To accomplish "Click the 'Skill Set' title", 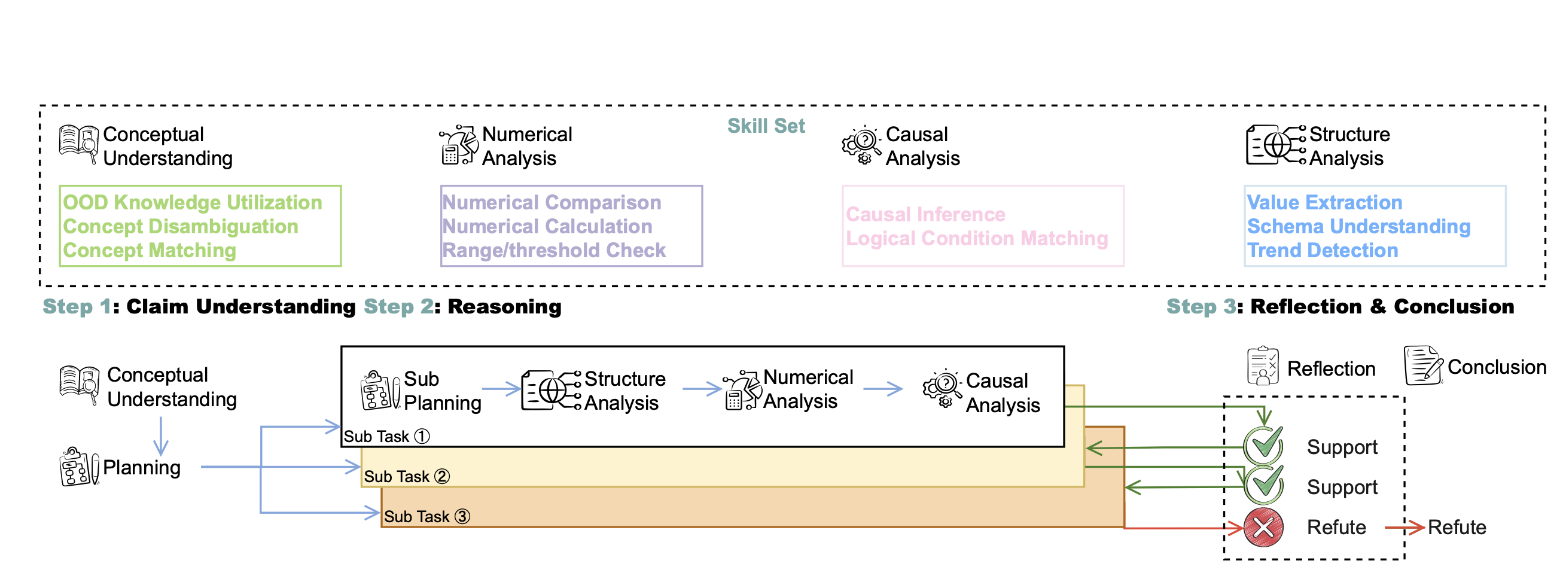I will pyautogui.click(x=766, y=126).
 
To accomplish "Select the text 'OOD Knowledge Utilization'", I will pyautogui.click(x=192, y=203).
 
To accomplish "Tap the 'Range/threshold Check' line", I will pyautogui.click(x=553, y=251).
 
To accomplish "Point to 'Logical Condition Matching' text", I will pyautogui.click(x=976, y=239).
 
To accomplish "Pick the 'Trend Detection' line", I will pyautogui.click(x=1322, y=251).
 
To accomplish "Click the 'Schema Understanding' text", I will pyautogui.click(x=1358, y=227).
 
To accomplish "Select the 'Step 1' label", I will pyautogui.click(x=77, y=306).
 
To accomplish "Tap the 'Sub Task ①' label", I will pyautogui.click(x=386, y=437).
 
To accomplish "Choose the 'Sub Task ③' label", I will pyautogui.click(x=426, y=517).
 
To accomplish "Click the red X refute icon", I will pyautogui.click(x=1263, y=527).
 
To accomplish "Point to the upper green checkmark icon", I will pyautogui.click(x=1263, y=445).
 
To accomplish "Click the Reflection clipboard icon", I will pyautogui.click(x=1263, y=366).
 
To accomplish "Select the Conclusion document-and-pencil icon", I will pyautogui.click(x=1422, y=366).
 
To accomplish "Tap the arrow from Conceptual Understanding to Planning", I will pyautogui.click(x=160, y=436).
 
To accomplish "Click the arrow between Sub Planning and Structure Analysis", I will pyautogui.click(x=501, y=389).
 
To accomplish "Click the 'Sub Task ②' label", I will pyautogui.click(x=407, y=477).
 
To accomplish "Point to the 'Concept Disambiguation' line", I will pyautogui.click(x=181, y=227).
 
